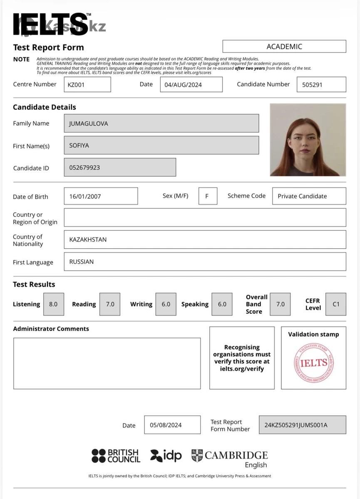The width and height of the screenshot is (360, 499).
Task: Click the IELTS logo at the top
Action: (x=51, y=24)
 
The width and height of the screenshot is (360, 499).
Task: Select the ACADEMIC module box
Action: (x=284, y=46)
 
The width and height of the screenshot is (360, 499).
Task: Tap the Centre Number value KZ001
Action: (x=87, y=84)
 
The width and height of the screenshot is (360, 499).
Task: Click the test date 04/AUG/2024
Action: (x=191, y=84)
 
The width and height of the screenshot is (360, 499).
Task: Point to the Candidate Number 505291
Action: (x=321, y=84)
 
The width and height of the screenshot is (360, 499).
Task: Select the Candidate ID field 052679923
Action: (x=120, y=167)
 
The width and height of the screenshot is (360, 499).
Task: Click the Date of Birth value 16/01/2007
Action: (x=101, y=196)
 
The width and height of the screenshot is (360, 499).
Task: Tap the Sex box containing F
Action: (x=208, y=196)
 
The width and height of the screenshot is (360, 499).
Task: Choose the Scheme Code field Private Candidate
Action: (x=309, y=196)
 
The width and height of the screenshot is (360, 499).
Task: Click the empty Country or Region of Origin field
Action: (x=205, y=217)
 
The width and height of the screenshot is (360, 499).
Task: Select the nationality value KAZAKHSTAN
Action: (x=205, y=240)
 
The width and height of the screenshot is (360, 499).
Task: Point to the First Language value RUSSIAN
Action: (x=205, y=262)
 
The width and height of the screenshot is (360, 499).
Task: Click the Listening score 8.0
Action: (x=53, y=304)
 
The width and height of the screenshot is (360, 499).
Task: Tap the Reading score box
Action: (x=110, y=304)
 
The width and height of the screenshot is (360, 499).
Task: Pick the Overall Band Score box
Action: (x=281, y=304)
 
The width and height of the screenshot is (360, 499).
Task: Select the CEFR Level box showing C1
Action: (x=336, y=304)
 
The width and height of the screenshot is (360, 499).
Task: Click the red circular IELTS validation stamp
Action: (x=314, y=363)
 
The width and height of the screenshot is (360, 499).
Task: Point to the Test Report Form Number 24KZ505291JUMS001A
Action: (x=302, y=425)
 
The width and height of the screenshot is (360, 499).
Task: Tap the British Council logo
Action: (x=116, y=456)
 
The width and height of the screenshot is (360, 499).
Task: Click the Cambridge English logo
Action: (x=230, y=458)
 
